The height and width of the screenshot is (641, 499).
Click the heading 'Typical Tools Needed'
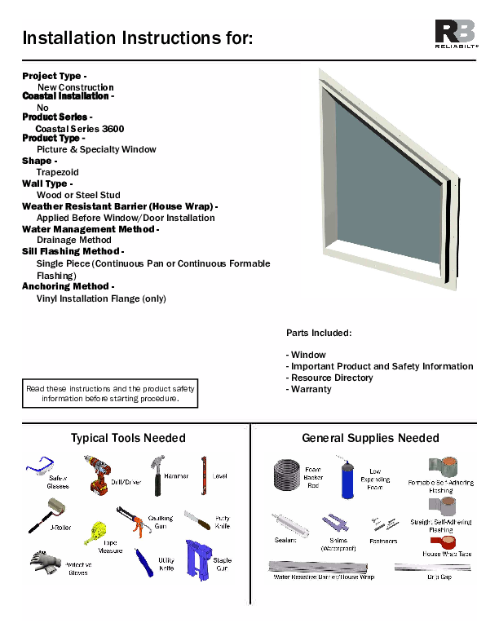(x=128, y=438)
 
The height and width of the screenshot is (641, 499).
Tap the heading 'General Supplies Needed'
(x=370, y=438)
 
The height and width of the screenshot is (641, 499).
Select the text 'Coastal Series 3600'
(x=80, y=129)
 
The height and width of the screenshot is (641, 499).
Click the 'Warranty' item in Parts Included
(x=311, y=389)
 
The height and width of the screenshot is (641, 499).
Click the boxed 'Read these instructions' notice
(x=109, y=394)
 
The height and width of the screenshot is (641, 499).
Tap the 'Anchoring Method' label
(x=67, y=286)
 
